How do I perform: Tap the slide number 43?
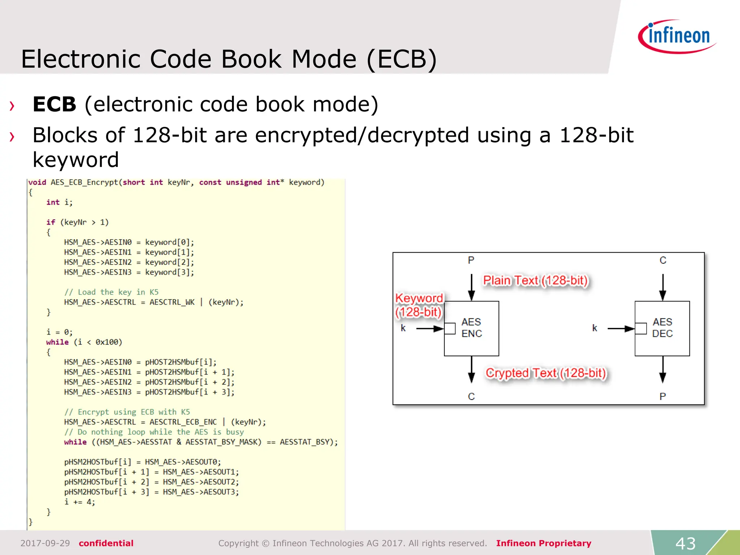685,543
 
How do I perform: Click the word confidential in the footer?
106,543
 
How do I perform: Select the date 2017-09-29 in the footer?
45,543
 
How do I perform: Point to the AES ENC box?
472,328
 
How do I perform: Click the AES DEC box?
662,328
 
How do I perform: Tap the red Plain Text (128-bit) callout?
535,280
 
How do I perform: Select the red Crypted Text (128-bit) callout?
546,373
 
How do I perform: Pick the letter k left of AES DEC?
594,328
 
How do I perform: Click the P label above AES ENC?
471,260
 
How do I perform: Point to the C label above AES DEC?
663,260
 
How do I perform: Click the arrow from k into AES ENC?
430,328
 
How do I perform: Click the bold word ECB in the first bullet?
55,104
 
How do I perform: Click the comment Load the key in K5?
111,292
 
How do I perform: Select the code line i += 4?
79,502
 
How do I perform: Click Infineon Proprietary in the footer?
543,543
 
